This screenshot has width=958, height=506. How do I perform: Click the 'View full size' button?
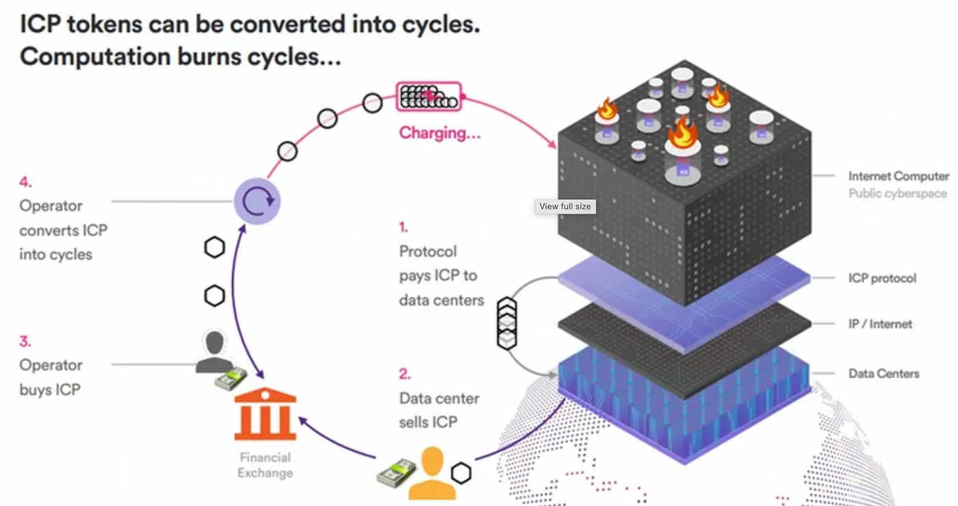pos(565,206)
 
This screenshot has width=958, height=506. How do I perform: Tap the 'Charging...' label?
pos(439,133)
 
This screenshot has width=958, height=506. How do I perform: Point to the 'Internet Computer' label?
pos(898,176)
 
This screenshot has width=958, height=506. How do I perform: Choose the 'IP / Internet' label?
pos(880,324)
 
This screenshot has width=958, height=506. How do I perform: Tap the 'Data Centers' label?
pos(883,374)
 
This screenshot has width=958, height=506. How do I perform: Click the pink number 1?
pos(403,227)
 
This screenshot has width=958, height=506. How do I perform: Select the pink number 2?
pos(404,374)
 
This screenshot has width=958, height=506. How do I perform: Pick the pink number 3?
pos(25,341)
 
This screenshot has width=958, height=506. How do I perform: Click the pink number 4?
pos(25,182)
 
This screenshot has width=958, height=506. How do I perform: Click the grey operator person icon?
pos(215,352)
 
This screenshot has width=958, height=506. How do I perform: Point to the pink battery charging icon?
pos(429,97)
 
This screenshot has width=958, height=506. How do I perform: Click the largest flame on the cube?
pos(682,134)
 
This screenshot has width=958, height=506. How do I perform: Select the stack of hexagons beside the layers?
pos(506,323)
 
